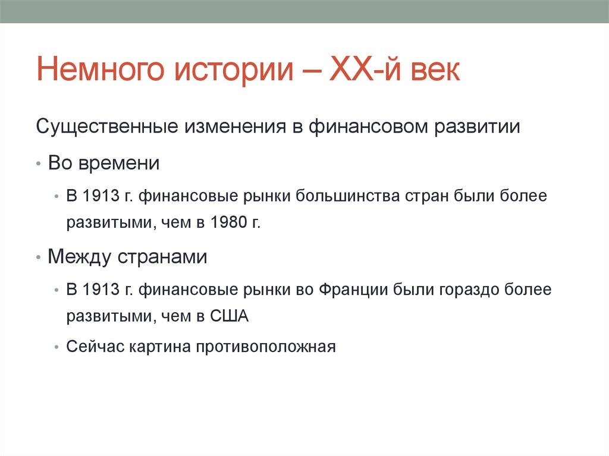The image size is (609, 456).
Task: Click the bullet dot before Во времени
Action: [39, 164]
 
